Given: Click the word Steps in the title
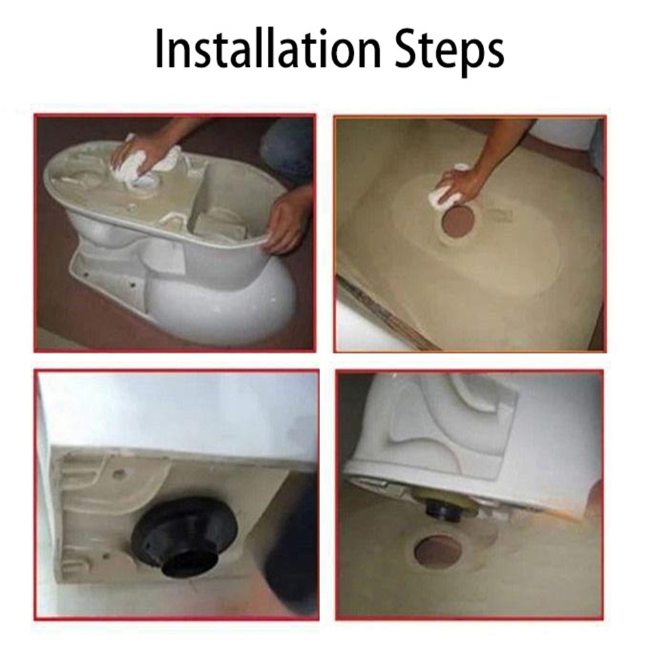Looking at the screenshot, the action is [x=449, y=51].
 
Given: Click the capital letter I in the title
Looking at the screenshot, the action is [x=160, y=47].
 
